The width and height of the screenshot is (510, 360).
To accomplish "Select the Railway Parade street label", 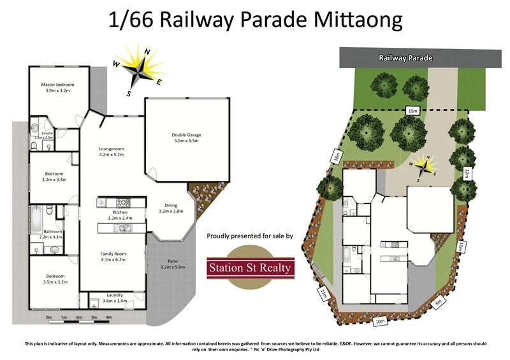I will click(x=405, y=58).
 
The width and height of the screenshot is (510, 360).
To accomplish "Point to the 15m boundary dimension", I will click(x=412, y=111).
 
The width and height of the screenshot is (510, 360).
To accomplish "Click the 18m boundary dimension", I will click(x=335, y=156).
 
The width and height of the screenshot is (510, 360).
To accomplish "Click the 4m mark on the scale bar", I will click(x=108, y=317).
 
